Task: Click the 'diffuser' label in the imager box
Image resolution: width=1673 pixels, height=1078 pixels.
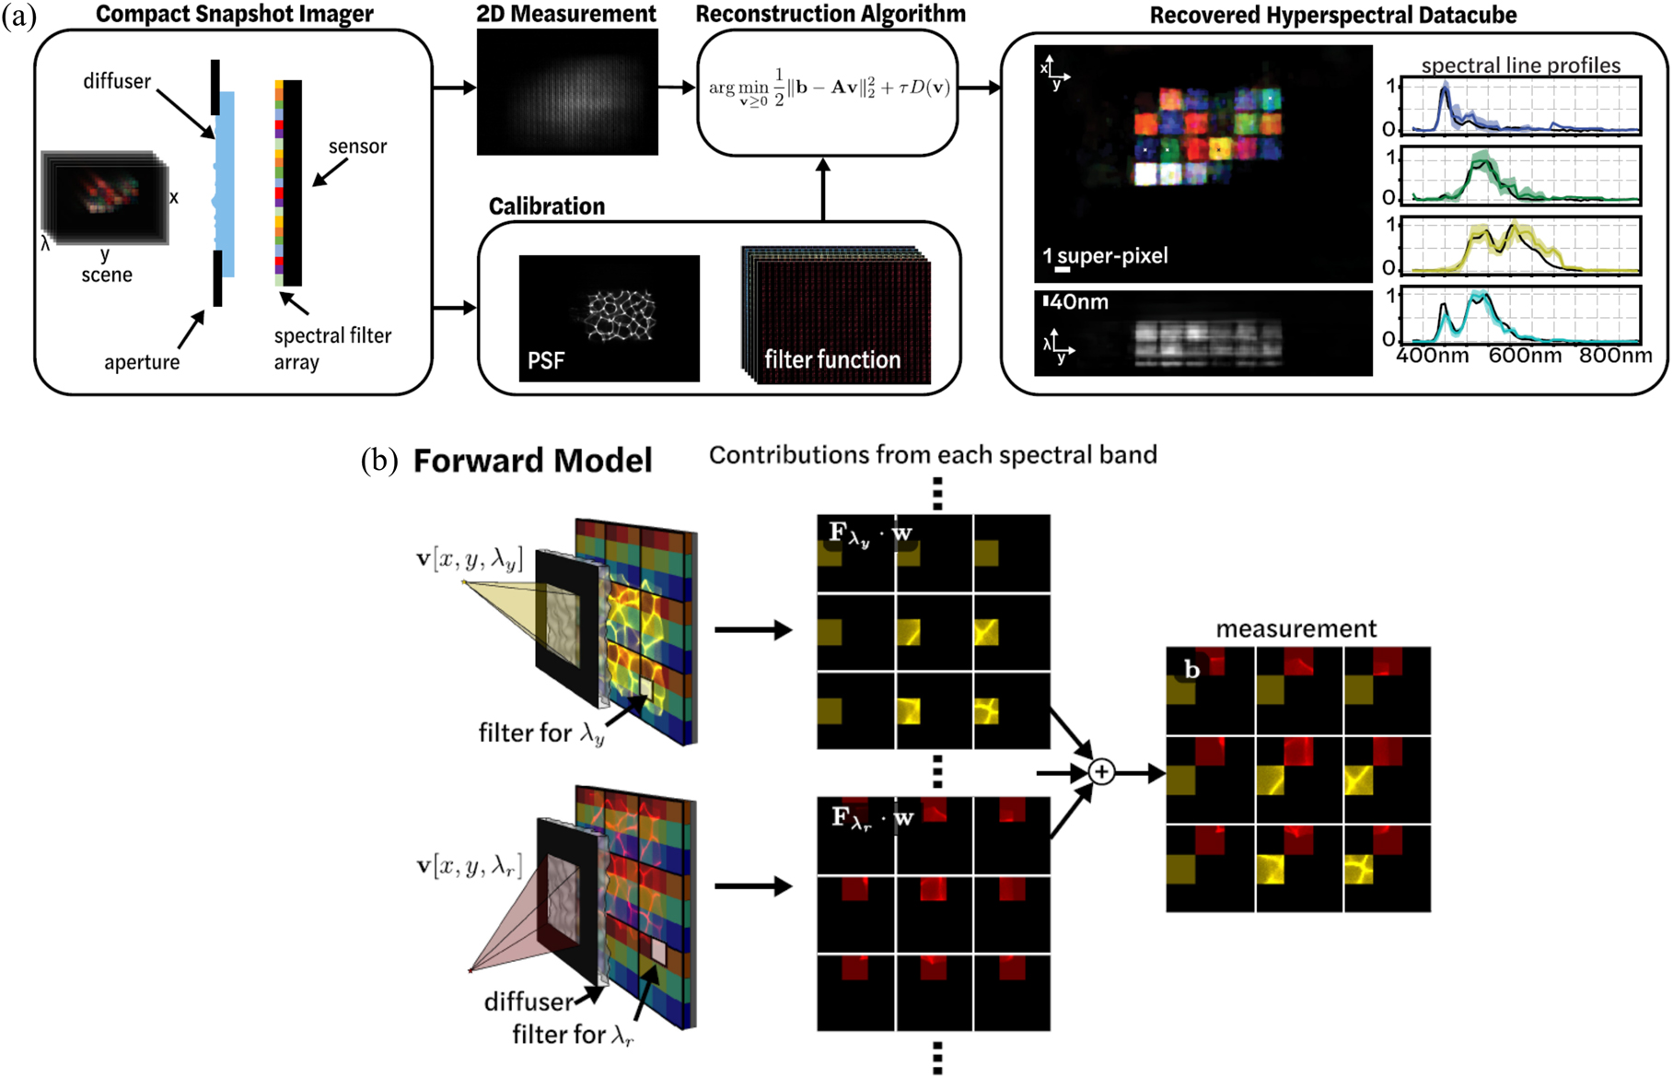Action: pyautogui.click(x=117, y=81)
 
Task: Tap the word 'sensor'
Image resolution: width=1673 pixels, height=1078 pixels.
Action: pyautogui.click(x=357, y=146)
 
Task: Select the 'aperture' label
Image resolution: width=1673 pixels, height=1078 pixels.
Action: pyautogui.click(x=142, y=362)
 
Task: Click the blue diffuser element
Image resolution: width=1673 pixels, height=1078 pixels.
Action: pyautogui.click(x=227, y=184)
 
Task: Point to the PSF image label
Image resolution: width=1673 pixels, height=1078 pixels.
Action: pyautogui.click(x=545, y=360)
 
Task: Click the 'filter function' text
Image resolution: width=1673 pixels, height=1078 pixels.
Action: pyautogui.click(x=832, y=360)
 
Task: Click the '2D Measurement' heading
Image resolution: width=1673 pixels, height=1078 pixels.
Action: pyautogui.click(x=566, y=14)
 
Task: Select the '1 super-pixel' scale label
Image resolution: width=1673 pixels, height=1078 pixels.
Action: pyautogui.click(x=1105, y=255)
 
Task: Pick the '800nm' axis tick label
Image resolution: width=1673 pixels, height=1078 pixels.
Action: pyautogui.click(x=1615, y=356)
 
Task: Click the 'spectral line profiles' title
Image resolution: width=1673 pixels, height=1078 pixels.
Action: pyautogui.click(x=1520, y=65)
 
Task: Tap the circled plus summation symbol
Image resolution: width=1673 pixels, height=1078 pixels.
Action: pyautogui.click(x=1101, y=772)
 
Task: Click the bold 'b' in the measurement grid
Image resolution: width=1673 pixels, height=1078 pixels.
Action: pyautogui.click(x=1191, y=670)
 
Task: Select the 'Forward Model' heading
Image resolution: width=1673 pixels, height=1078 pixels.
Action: pyautogui.click(x=532, y=461)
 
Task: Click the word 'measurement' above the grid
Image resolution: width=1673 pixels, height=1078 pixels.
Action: pyautogui.click(x=1295, y=629)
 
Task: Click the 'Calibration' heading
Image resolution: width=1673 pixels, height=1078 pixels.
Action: pyautogui.click(x=547, y=206)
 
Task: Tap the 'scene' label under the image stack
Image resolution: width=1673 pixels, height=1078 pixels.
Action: pyautogui.click(x=107, y=275)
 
